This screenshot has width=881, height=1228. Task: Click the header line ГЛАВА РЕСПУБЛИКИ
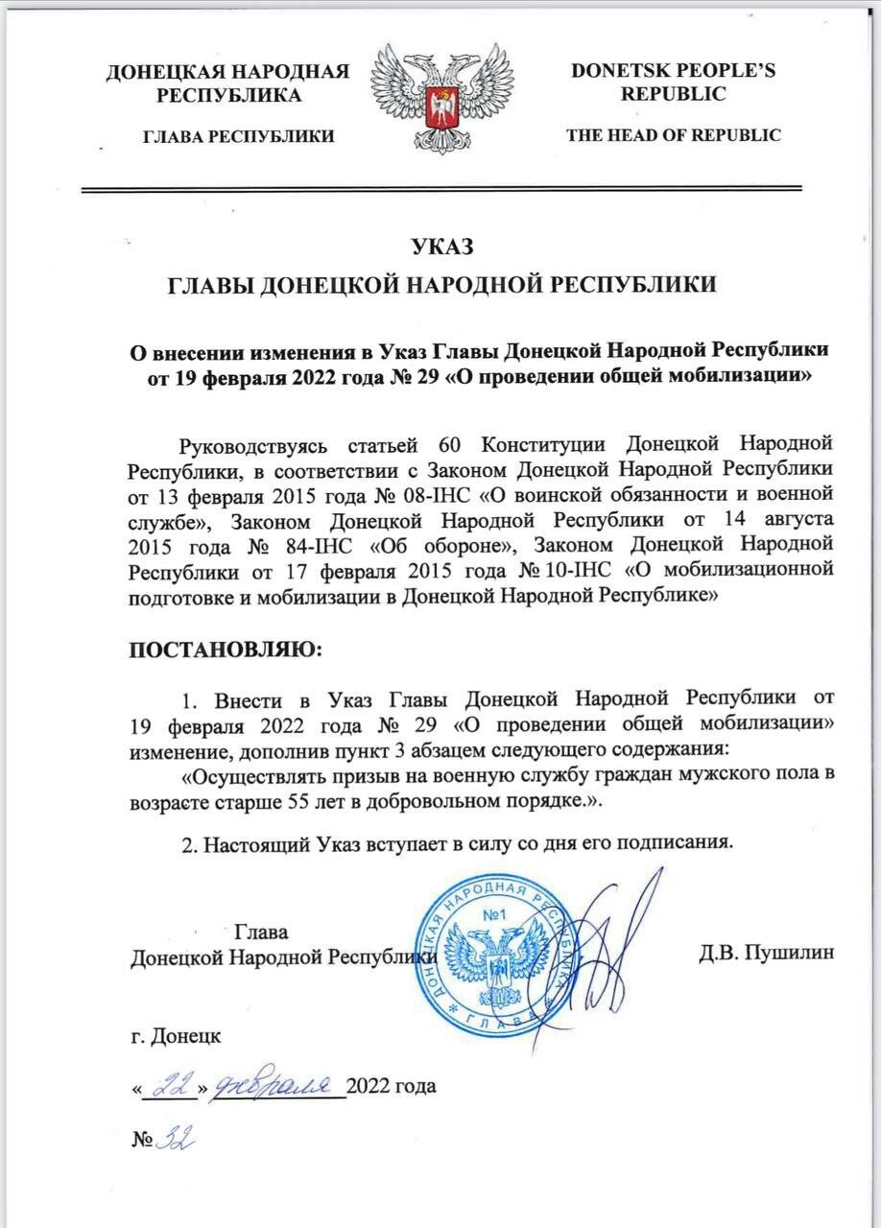click(238, 136)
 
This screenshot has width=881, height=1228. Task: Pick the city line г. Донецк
click(176, 1038)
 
